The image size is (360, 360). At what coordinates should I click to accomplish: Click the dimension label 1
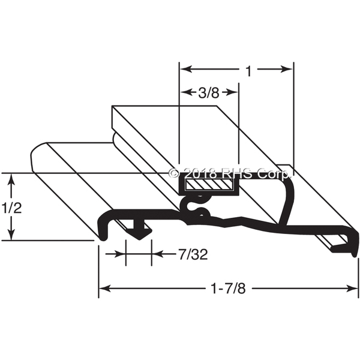click(x=249, y=71)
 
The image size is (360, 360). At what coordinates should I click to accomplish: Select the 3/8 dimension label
click(x=208, y=93)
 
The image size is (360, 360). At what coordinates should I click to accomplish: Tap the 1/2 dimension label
click(x=11, y=208)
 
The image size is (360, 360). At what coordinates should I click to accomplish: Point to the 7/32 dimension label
click(x=193, y=254)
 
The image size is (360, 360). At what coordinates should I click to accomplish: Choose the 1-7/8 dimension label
click(x=228, y=289)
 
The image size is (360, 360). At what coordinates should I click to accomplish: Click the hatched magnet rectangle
click(x=209, y=185)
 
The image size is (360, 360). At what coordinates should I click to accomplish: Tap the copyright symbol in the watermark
click(x=174, y=173)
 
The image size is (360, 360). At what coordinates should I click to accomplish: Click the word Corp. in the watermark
click(x=274, y=174)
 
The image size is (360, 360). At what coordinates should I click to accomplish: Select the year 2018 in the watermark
click(x=200, y=173)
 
